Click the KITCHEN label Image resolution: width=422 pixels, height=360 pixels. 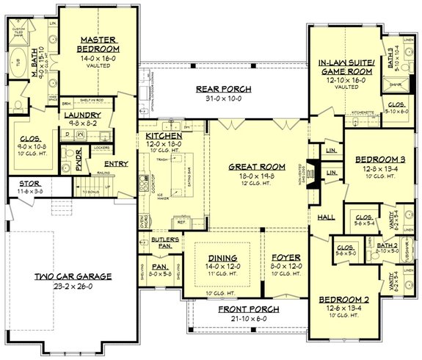[159, 136]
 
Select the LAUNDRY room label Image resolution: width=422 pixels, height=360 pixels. [77, 115]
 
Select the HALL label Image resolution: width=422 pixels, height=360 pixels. [325, 217]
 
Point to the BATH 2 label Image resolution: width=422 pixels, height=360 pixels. [368, 242]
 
